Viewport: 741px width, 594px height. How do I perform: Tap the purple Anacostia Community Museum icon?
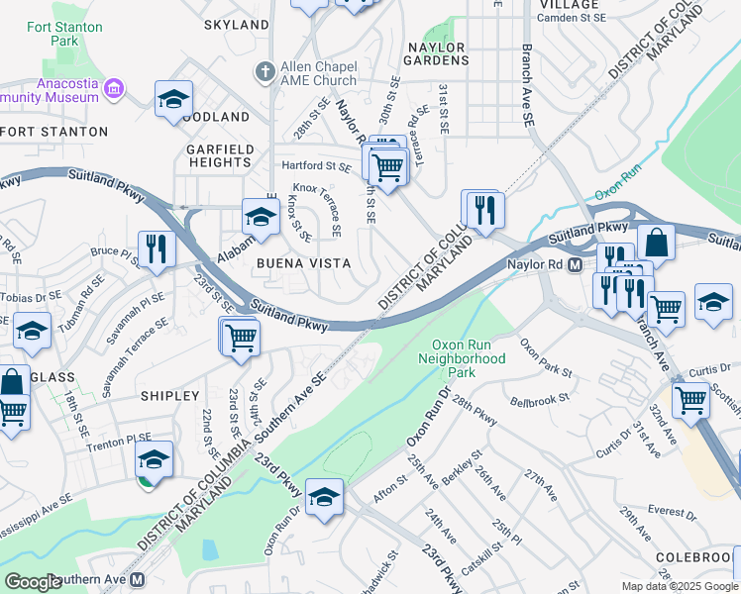pyautogui.click(x=114, y=90)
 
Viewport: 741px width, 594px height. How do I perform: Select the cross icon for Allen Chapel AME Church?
pyautogui.click(x=264, y=71)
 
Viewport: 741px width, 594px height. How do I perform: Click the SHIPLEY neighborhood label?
pyautogui.click(x=169, y=396)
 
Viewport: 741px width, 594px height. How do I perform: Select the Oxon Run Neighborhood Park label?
pyautogui.click(x=468, y=358)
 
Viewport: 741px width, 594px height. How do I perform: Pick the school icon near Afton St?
pyautogui.click(x=323, y=497)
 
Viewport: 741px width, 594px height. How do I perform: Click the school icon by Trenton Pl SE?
pyautogui.click(x=154, y=459)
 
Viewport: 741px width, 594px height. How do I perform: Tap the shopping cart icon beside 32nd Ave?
pyautogui.click(x=690, y=401)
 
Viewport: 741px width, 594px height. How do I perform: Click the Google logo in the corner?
pyautogui.click(x=32, y=582)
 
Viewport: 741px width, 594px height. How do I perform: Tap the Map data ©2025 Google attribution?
pyautogui.click(x=679, y=586)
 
